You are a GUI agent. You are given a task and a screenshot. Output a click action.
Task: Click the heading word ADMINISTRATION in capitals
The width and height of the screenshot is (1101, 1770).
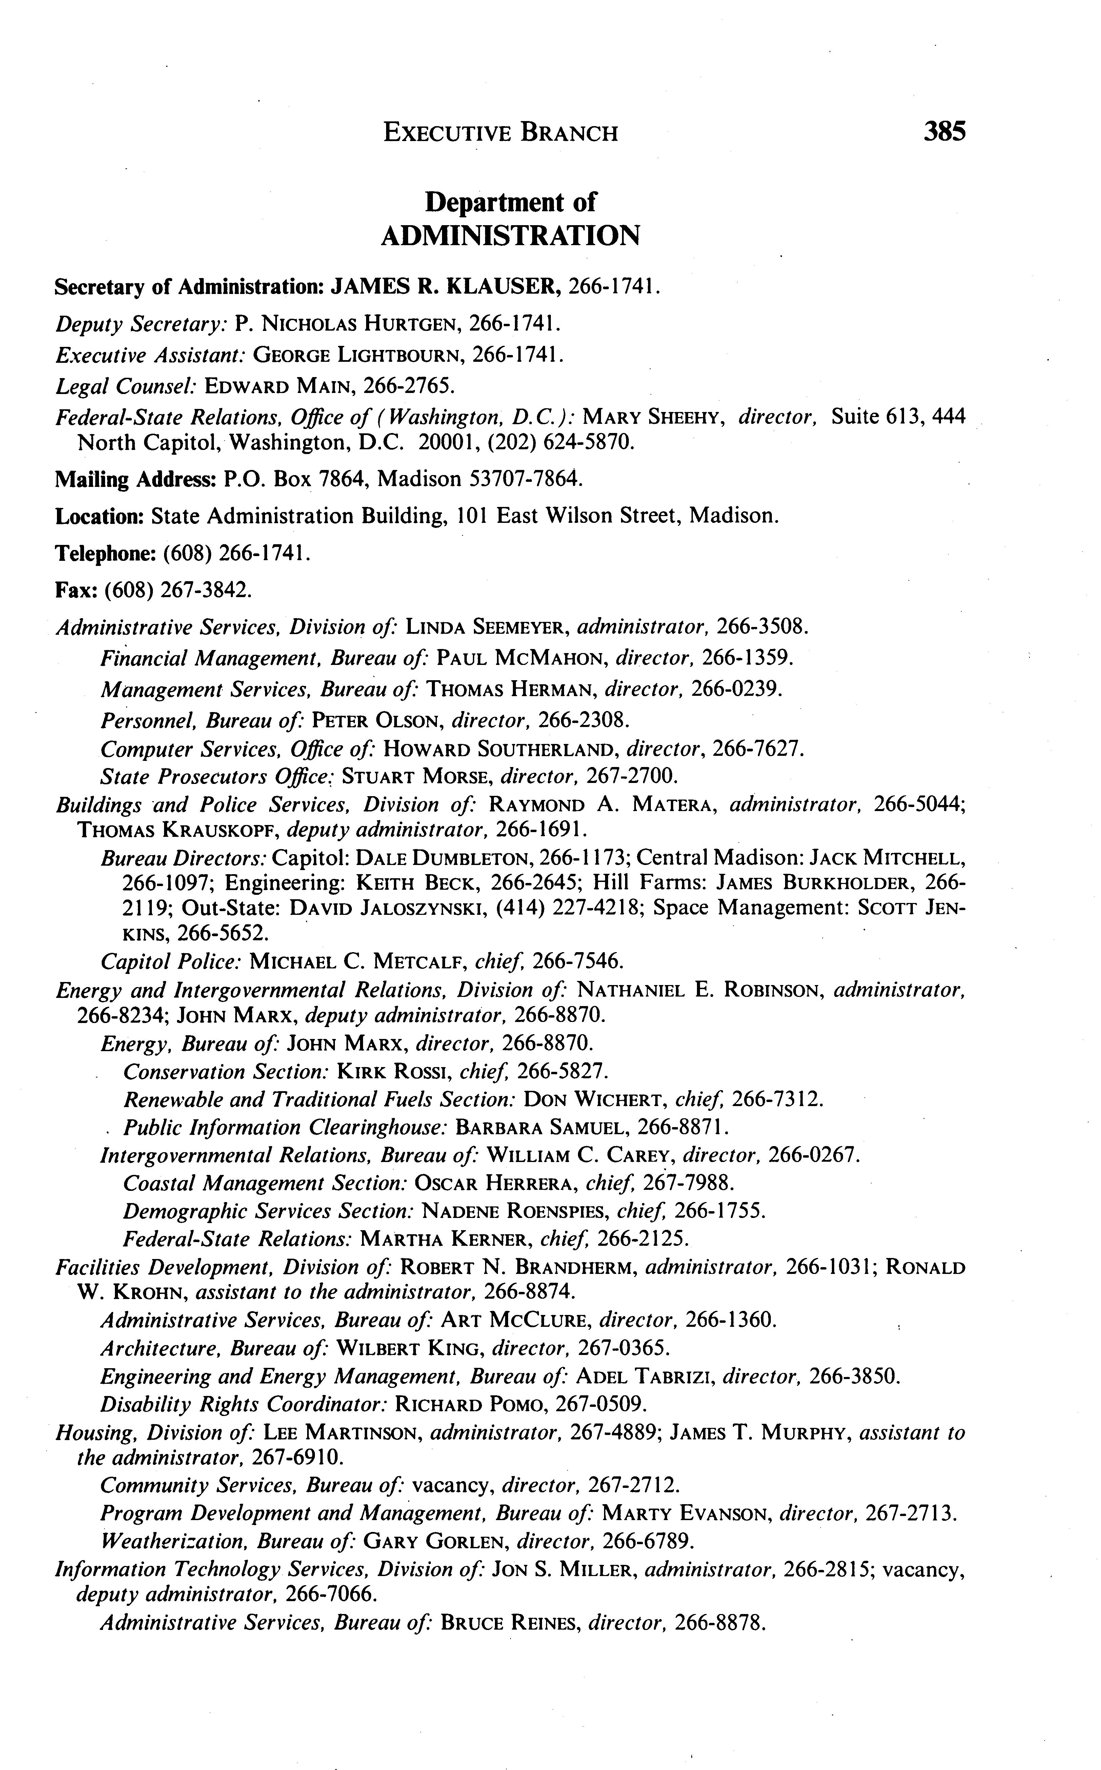tap(511, 235)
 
